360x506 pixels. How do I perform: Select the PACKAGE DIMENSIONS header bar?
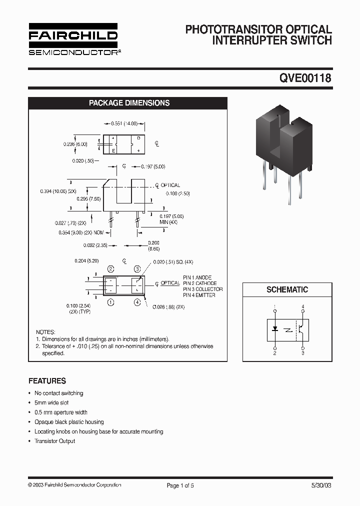pos(129,103)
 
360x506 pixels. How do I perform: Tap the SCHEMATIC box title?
pos(287,289)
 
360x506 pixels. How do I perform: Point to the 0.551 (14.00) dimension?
pos(123,123)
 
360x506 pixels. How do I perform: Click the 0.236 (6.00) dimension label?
pos(75,144)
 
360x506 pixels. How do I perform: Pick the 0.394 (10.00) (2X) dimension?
pos(58,191)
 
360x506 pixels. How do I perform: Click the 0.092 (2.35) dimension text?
pos(95,245)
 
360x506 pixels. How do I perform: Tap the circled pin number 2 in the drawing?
pos(110,269)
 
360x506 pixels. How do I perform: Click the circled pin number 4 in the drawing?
pos(137,302)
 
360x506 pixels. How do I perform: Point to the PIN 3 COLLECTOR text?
pos(202,289)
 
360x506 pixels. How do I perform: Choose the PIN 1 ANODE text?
pos(196,277)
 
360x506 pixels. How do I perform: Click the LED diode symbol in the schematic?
pos(275,329)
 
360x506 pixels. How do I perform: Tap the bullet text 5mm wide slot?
pos(51,402)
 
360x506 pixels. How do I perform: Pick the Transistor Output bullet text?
pos(54,441)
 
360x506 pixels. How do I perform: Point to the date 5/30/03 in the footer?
pos(320,485)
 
